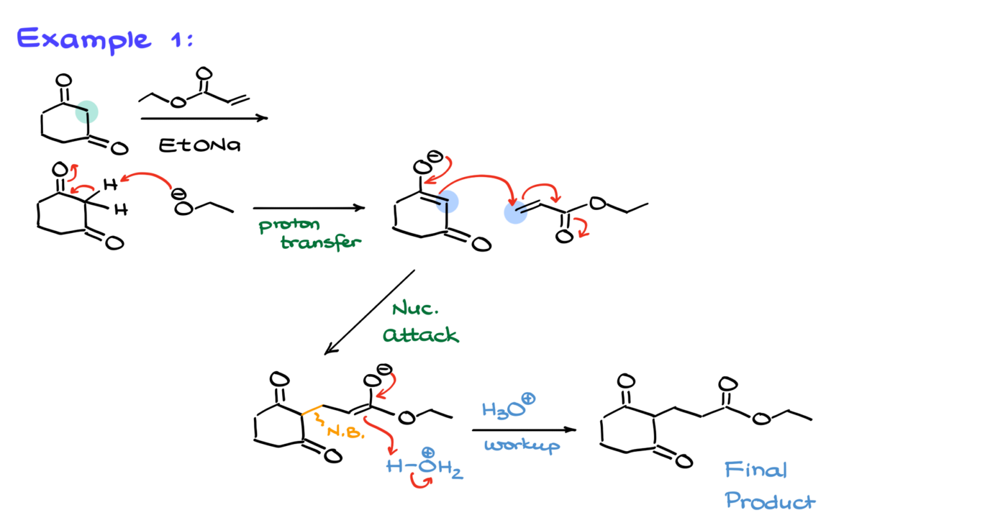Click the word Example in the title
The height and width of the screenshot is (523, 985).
coord(83,40)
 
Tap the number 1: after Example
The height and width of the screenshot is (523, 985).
coord(181,40)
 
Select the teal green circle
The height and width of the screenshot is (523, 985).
coord(87,112)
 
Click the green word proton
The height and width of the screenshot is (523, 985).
coord(289,226)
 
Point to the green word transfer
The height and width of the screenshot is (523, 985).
coord(321,243)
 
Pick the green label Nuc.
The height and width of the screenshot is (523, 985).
coord(415,309)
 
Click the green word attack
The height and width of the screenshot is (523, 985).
coord(421,335)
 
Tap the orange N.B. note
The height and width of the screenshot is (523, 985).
coord(346,432)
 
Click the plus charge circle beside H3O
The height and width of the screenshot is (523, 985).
coord(528,399)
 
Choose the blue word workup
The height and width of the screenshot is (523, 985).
coord(522,445)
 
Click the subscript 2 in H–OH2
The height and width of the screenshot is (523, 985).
coord(457,475)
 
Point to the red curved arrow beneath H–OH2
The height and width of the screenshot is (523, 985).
coord(421,481)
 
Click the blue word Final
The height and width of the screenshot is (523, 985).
coord(755,470)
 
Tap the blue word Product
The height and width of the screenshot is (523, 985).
coord(770,501)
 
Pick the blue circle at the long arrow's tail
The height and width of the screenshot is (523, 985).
coord(448,202)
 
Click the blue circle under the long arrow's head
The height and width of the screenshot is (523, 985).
coord(516,212)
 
